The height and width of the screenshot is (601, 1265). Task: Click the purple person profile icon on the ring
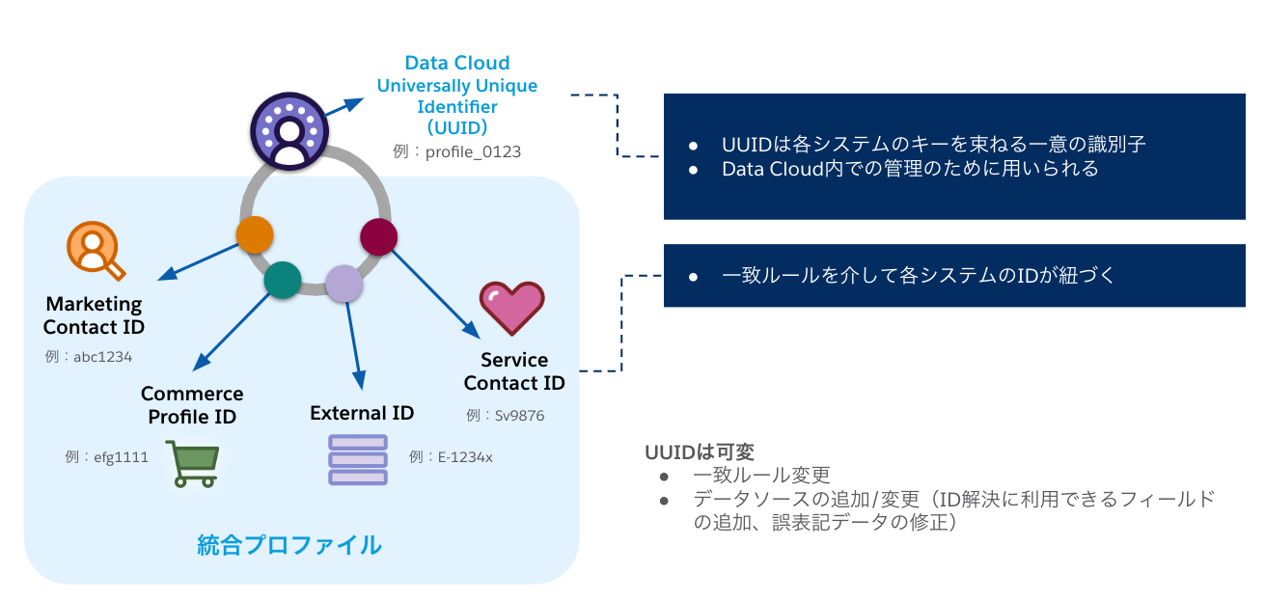288,132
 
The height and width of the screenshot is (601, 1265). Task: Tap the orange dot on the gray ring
255,234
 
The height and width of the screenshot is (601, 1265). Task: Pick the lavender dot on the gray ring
344,284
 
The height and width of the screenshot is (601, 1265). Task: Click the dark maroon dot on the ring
378,236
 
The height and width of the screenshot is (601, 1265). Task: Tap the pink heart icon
512,308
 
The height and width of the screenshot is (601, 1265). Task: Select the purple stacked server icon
358,459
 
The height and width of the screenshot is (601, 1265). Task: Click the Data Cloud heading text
456,63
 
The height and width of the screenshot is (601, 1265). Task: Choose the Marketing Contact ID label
94,315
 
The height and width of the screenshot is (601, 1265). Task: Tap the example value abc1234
89,356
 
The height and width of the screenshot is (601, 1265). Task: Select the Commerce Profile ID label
192,405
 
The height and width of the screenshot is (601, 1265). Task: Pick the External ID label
362,413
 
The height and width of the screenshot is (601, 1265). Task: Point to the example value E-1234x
451,456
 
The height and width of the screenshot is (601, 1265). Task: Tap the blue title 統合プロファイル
289,545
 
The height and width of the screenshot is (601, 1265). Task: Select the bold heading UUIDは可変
700,451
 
